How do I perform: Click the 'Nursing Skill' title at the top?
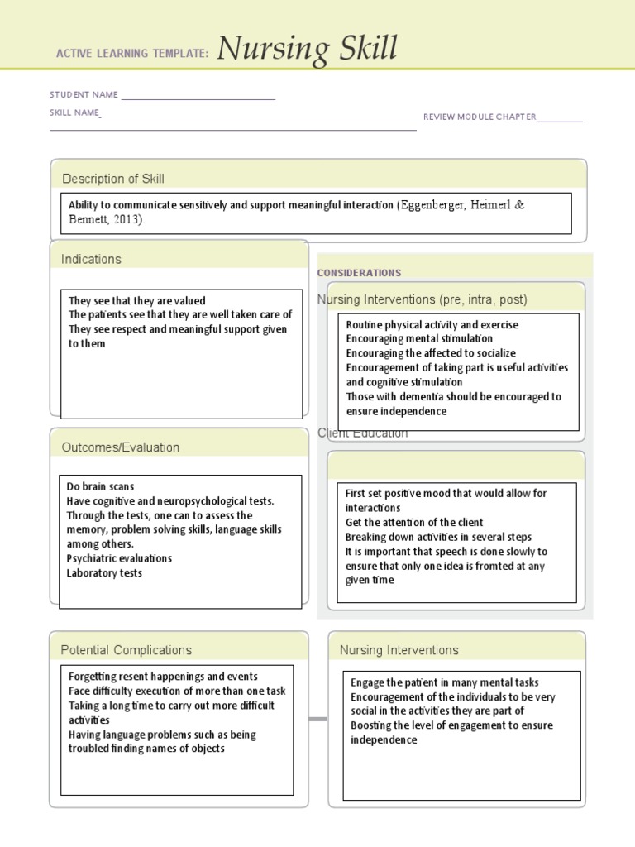point(308,50)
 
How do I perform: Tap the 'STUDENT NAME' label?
point(84,95)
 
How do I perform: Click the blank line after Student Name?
point(198,98)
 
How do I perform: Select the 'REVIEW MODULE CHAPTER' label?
point(480,117)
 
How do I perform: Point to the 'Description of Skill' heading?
point(113,179)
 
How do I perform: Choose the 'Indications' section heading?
point(91,259)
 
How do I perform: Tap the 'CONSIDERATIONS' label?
point(359,273)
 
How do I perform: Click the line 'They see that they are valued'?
point(137,300)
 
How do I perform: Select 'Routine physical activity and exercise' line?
point(432,324)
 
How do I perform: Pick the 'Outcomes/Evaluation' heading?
point(121,447)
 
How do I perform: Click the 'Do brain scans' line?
point(100,486)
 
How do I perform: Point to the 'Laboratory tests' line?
point(104,573)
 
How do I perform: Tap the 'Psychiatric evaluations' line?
point(119,558)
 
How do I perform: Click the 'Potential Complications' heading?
point(127,650)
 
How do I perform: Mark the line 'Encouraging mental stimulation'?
point(419,338)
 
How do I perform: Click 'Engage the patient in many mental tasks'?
point(445,682)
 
